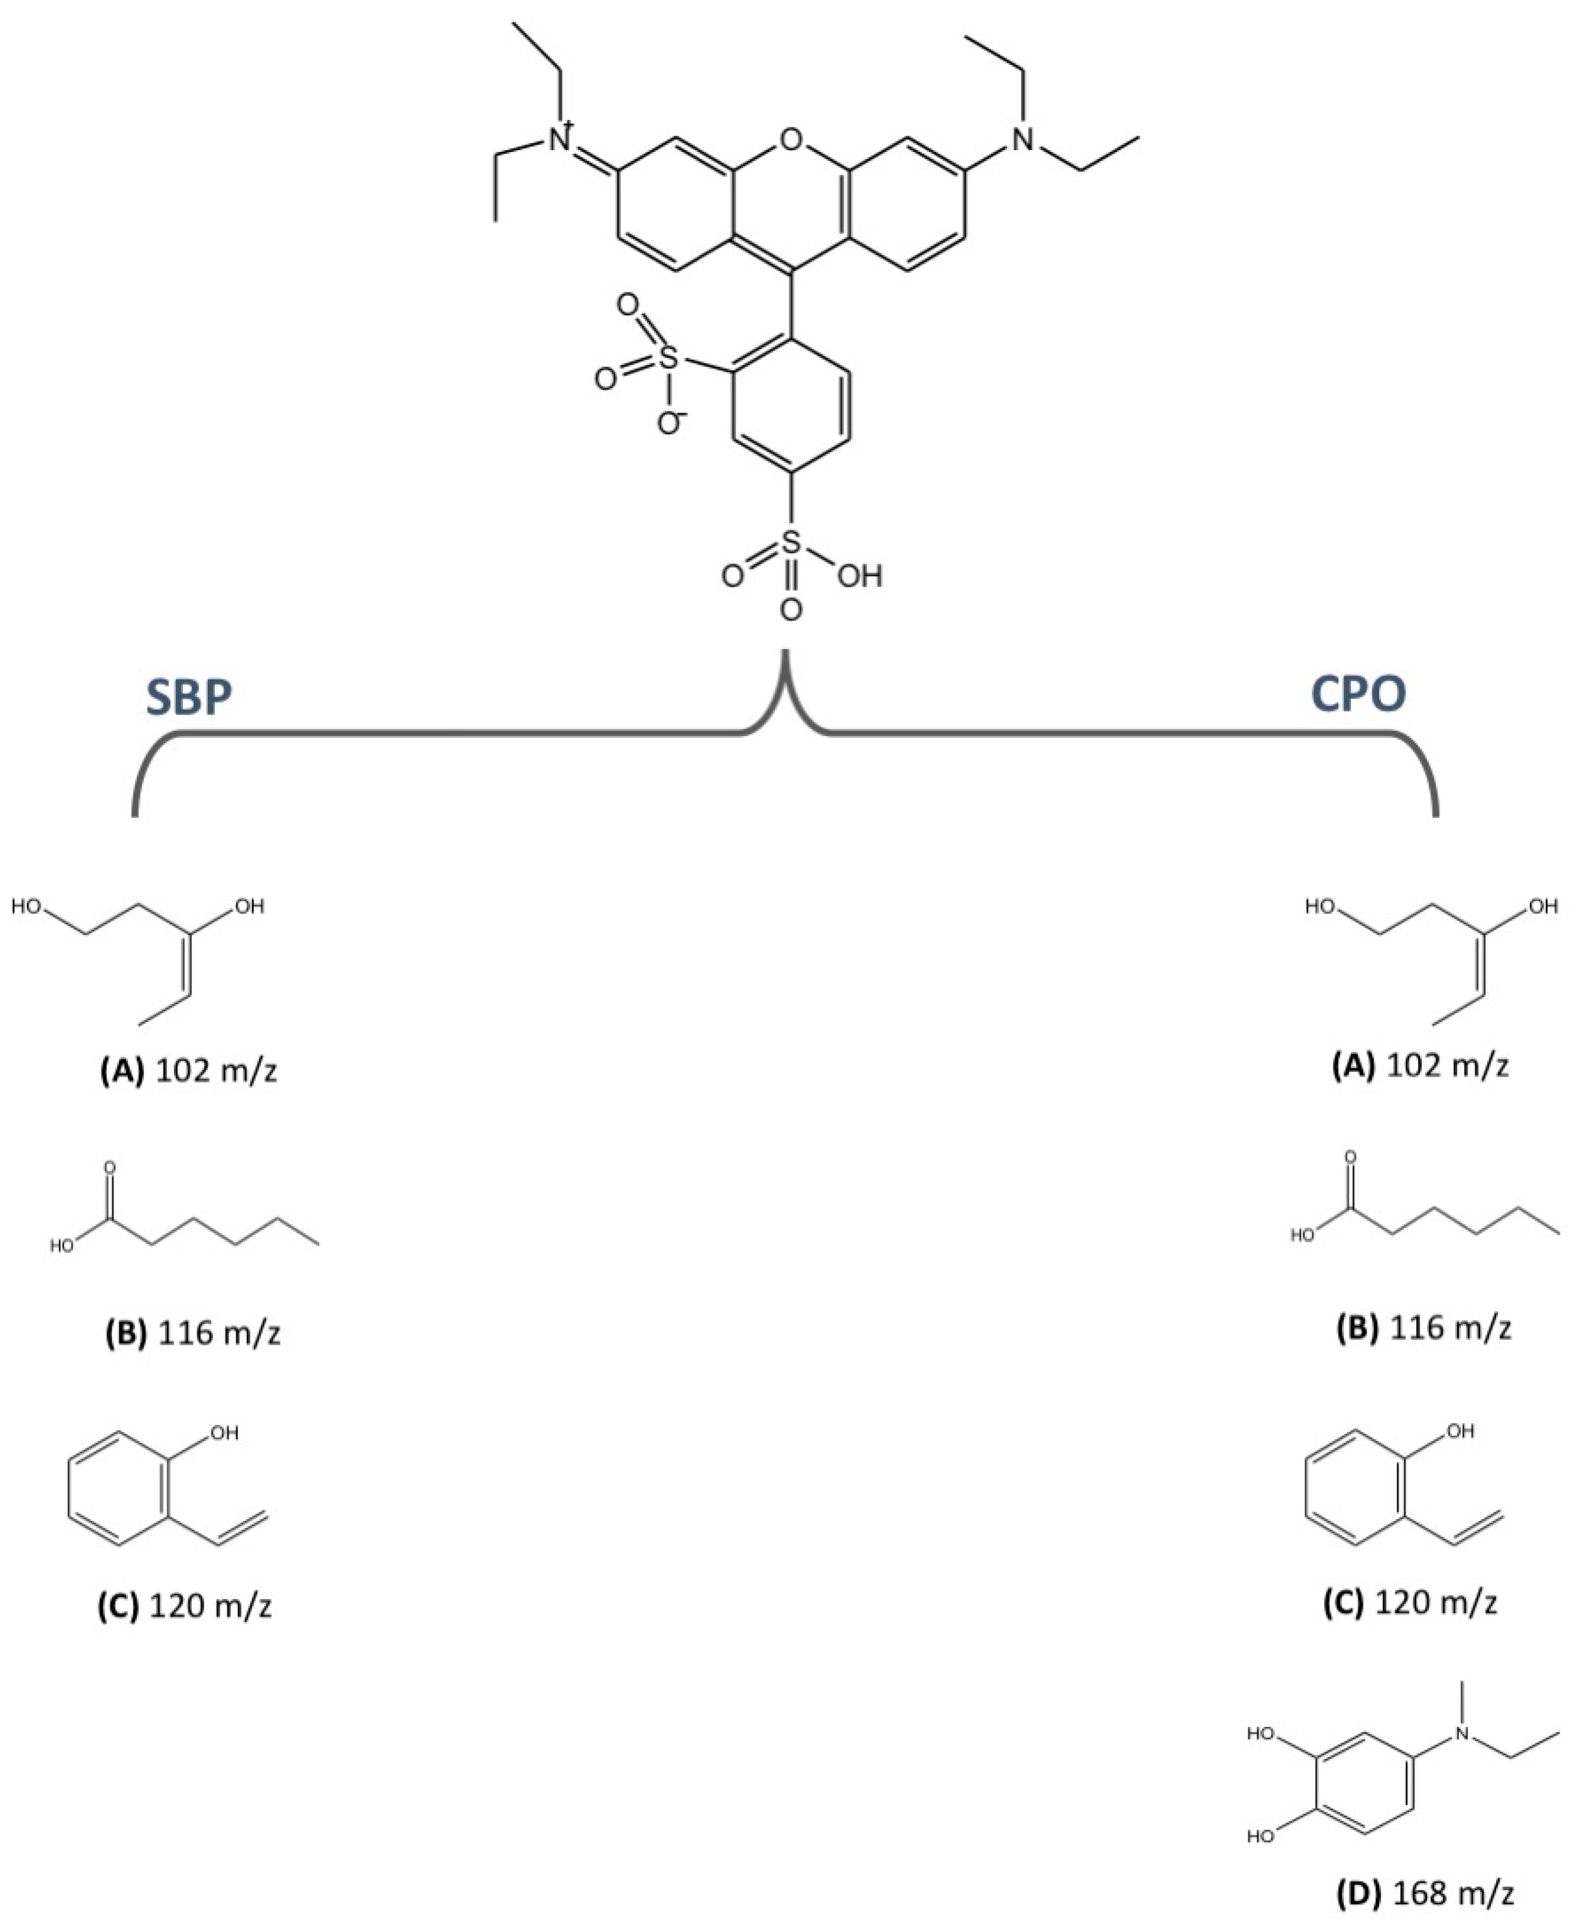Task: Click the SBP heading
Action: (x=189, y=697)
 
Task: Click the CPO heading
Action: (x=1358, y=694)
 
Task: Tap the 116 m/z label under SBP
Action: (x=218, y=1333)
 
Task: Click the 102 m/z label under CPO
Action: (x=1446, y=1065)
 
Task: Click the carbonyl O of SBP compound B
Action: (x=110, y=1167)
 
